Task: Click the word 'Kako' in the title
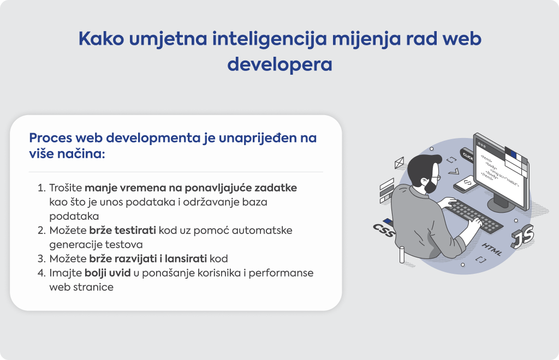pos(101,39)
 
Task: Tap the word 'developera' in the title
pos(280,65)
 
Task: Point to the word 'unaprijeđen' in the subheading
pos(258,139)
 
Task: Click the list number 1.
pos(41,188)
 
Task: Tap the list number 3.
pos(41,259)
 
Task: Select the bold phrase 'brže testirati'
pos(122,230)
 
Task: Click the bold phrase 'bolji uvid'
pos(108,273)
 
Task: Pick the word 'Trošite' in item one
pos(66,188)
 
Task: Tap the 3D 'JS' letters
pos(522,236)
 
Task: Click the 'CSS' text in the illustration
pos(384,230)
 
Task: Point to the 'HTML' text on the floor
pos(492,250)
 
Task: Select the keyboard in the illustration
pos(474,215)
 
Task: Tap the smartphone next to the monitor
pos(464,184)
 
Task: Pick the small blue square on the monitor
pos(513,154)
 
